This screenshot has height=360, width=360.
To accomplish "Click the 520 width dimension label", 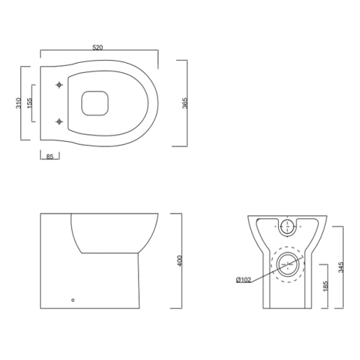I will point(98,47).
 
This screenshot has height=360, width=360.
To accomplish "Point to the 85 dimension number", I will point(50,157).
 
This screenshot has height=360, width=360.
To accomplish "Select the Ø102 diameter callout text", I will point(243,280).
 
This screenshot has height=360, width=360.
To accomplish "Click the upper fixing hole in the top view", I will point(59,85).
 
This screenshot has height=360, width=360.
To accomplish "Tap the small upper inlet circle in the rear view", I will point(287,226).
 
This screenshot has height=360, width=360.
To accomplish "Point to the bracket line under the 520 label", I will point(98,52).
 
